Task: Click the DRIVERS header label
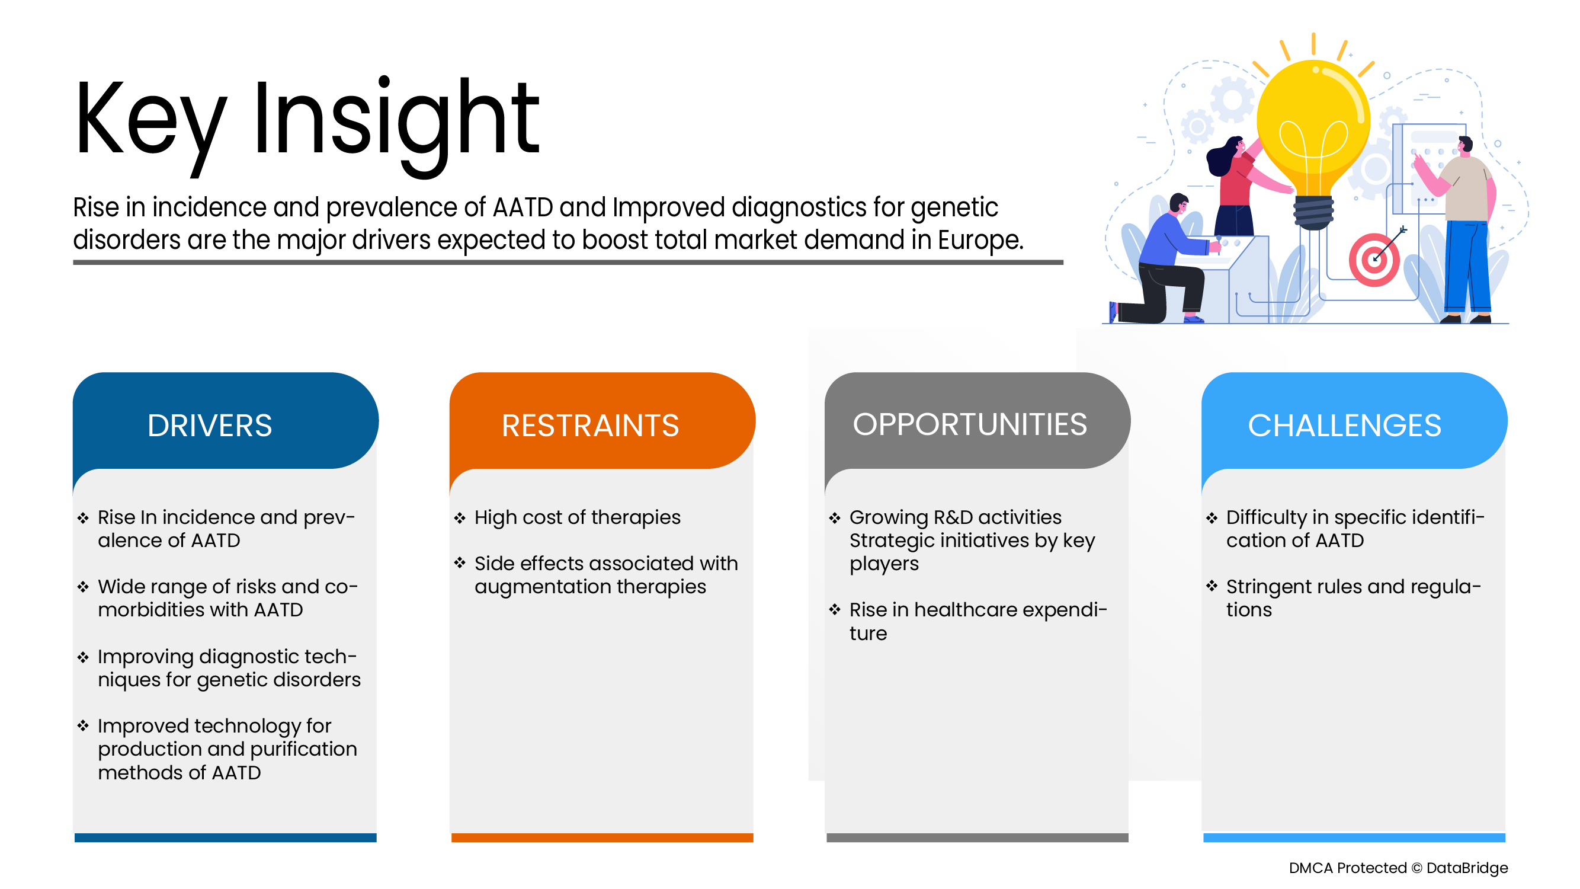coord(209,425)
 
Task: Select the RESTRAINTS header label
coord(590,425)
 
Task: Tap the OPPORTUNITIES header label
coord(970,424)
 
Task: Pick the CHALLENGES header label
coord(1344,425)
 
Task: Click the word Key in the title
coord(150,126)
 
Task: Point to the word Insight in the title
coord(396,126)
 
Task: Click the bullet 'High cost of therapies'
coord(577,518)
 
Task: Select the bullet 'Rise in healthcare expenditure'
coord(978,621)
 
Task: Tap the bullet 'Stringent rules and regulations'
coord(1353,597)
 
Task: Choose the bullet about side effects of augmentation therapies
coord(606,575)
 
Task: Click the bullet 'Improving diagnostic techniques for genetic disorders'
coord(229,668)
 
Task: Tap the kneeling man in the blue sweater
coord(1160,261)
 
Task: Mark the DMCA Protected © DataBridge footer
coord(1398,868)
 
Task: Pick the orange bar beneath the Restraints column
coord(602,837)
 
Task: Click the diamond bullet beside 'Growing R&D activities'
coord(834,518)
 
